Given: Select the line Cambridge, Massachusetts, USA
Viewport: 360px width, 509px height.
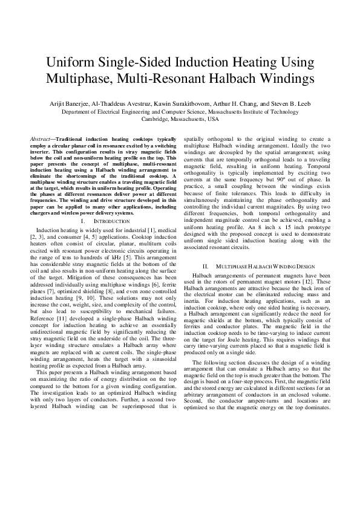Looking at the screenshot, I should pos(180,119).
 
